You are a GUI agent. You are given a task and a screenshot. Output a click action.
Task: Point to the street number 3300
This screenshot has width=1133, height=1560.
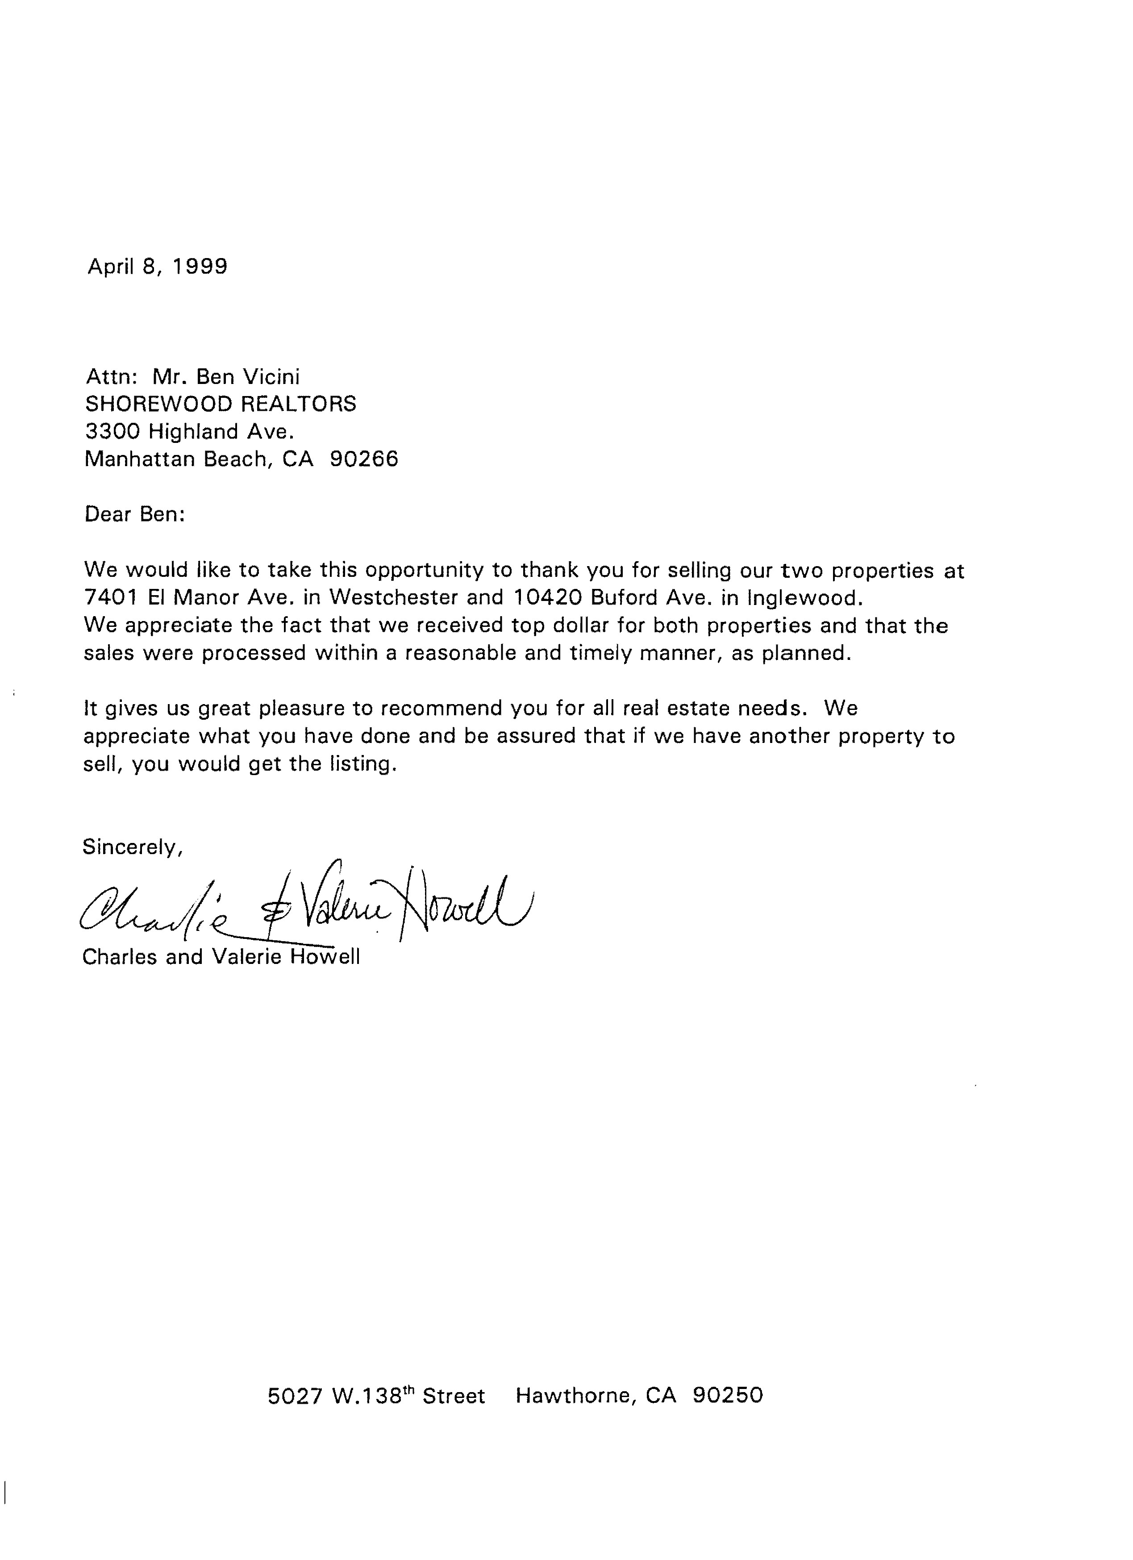pos(112,431)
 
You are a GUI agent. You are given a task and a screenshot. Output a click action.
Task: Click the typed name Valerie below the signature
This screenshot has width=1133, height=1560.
pos(246,957)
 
